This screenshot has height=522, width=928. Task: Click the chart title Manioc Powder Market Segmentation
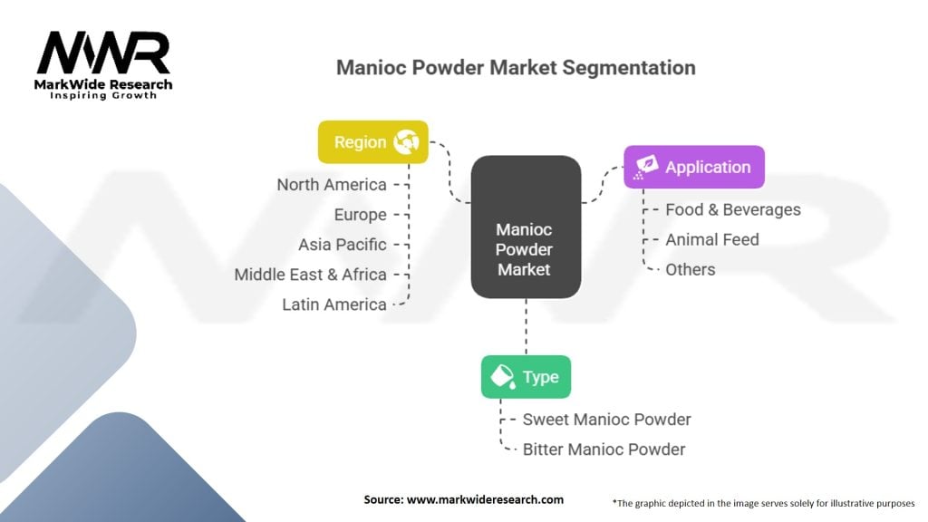pyautogui.click(x=516, y=68)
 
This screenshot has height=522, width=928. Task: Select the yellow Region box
pyautogui.click(x=372, y=142)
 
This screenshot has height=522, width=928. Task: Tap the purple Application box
pyautogui.click(x=693, y=167)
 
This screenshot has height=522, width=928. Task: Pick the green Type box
pyautogui.click(x=526, y=377)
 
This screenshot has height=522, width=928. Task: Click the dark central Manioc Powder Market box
pyautogui.click(x=525, y=227)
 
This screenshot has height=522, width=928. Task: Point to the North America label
pyautogui.click(x=332, y=185)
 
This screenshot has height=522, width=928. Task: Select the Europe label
pyautogui.click(x=360, y=215)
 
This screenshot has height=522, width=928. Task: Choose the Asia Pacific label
pyautogui.click(x=342, y=245)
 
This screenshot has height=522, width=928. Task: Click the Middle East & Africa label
pyautogui.click(x=310, y=275)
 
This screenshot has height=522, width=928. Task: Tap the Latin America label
pyautogui.click(x=333, y=304)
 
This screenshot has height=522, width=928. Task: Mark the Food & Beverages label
pyautogui.click(x=732, y=209)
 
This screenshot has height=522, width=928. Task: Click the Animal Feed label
pyautogui.click(x=711, y=239)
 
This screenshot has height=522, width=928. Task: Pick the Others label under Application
pyautogui.click(x=690, y=269)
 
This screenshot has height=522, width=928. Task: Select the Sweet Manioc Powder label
pyautogui.click(x=606, y=420)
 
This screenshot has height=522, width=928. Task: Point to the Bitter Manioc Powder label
pyautogui.click(x=604, y=449)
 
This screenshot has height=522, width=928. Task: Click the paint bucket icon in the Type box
pyautogui.click(x=501, y=377)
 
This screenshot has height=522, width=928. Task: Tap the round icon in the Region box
pyautogui.click(x=405, y=142)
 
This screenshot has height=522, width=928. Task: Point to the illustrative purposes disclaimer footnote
pyautogui.click(x=763, y=501)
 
